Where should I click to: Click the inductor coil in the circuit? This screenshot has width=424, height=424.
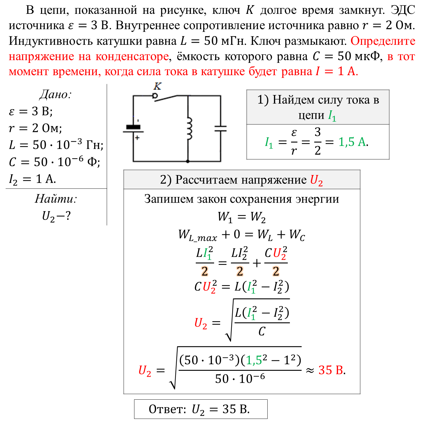[x=189, y=128]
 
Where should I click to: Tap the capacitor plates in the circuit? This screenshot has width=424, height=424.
[x=220, y=128]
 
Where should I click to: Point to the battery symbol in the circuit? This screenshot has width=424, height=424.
[x=133, y=129]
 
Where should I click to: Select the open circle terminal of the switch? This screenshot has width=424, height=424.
[x=155, y=96]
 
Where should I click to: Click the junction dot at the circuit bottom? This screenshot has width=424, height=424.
[x=188, y=161]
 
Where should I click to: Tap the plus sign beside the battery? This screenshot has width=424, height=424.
[x=137, y=138]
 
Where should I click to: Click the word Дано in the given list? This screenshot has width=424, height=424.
[x=55, y=95]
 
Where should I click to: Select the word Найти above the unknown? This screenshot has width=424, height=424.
[x=56, y=199]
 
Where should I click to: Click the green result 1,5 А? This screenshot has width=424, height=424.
[x=352, y=142]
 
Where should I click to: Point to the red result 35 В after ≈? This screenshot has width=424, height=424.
[x=331, y=370]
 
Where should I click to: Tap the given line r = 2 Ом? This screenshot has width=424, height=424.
[x=35, y=128]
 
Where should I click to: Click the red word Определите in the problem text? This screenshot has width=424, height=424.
[x=383, y=41]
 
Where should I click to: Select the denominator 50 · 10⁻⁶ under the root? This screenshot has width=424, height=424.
[x=240, y=379]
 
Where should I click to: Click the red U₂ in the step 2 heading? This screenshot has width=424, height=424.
[x=316, y=180]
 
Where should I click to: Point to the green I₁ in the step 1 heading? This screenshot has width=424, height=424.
[x=332, y=116]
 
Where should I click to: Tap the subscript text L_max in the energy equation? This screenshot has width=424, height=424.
[x=203, y=238]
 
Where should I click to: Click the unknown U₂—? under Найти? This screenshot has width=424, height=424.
[x=56, y=216]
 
